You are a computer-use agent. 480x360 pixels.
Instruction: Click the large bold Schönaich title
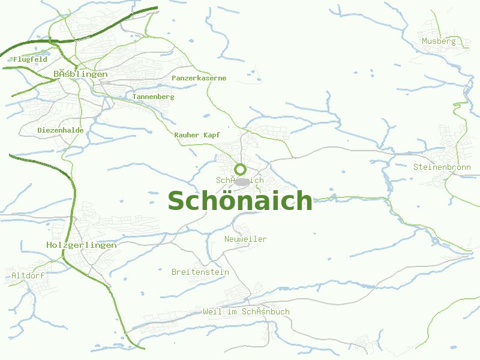click(x=240, y=200)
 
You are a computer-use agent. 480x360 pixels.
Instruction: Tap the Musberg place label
click(x=439, y=41)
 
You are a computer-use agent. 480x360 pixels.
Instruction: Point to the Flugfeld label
click(x=30, y=59)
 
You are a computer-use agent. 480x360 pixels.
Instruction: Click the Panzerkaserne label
click(x=199, y=78)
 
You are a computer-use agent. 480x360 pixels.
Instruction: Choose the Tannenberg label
click(x=154, y=97)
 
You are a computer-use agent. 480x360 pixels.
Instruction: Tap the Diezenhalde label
click(x=61, y=130)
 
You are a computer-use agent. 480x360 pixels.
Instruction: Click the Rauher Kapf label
click(x=197, y=135)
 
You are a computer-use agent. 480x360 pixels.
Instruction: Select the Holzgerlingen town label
click(x=82, y=245)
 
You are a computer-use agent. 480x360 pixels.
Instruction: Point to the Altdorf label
click(x=28, y=275)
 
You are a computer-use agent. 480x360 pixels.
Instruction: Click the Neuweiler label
click(x=245, y=239)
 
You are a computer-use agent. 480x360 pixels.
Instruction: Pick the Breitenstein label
click(x=200, y=272)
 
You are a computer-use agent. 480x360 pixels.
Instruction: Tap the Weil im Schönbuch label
click(x=246, y=311)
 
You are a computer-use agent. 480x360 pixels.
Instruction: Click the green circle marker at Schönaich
click(x=240, y=169)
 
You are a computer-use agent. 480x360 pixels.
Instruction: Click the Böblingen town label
click(x=80, y=74)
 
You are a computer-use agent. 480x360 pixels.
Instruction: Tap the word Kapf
click(x=212, y=135)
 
